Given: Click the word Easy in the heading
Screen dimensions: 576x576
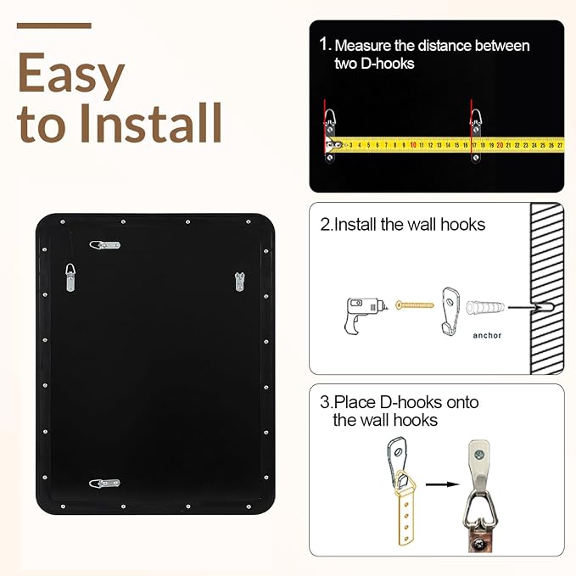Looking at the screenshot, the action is tap(71, 74).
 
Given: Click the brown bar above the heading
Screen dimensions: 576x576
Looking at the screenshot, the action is tap(54, 25).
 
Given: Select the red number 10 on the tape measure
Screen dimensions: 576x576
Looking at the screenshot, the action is tap(413, 145).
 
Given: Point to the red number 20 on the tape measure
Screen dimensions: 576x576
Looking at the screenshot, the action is tap(500, 145).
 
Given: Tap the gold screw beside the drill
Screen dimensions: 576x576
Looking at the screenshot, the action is tap(415, 305).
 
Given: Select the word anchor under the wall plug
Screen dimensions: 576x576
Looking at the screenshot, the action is tap(487, 335).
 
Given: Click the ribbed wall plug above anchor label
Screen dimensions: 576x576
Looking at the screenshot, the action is tap(485, 307).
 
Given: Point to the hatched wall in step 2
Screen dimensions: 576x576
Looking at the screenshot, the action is tap(547, 288).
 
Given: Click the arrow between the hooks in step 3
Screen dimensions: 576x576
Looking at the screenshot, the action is tap(442, 484).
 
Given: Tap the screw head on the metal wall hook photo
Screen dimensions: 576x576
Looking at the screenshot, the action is tap(479, 456).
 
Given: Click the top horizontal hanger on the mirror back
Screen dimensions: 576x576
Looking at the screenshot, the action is tap(105, 245).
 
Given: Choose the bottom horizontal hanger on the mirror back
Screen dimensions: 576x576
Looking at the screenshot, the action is tap(104, 484).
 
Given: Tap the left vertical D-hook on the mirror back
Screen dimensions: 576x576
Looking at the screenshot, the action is tap(70, 277).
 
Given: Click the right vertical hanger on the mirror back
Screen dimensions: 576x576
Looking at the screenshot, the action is tap(239, 282).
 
